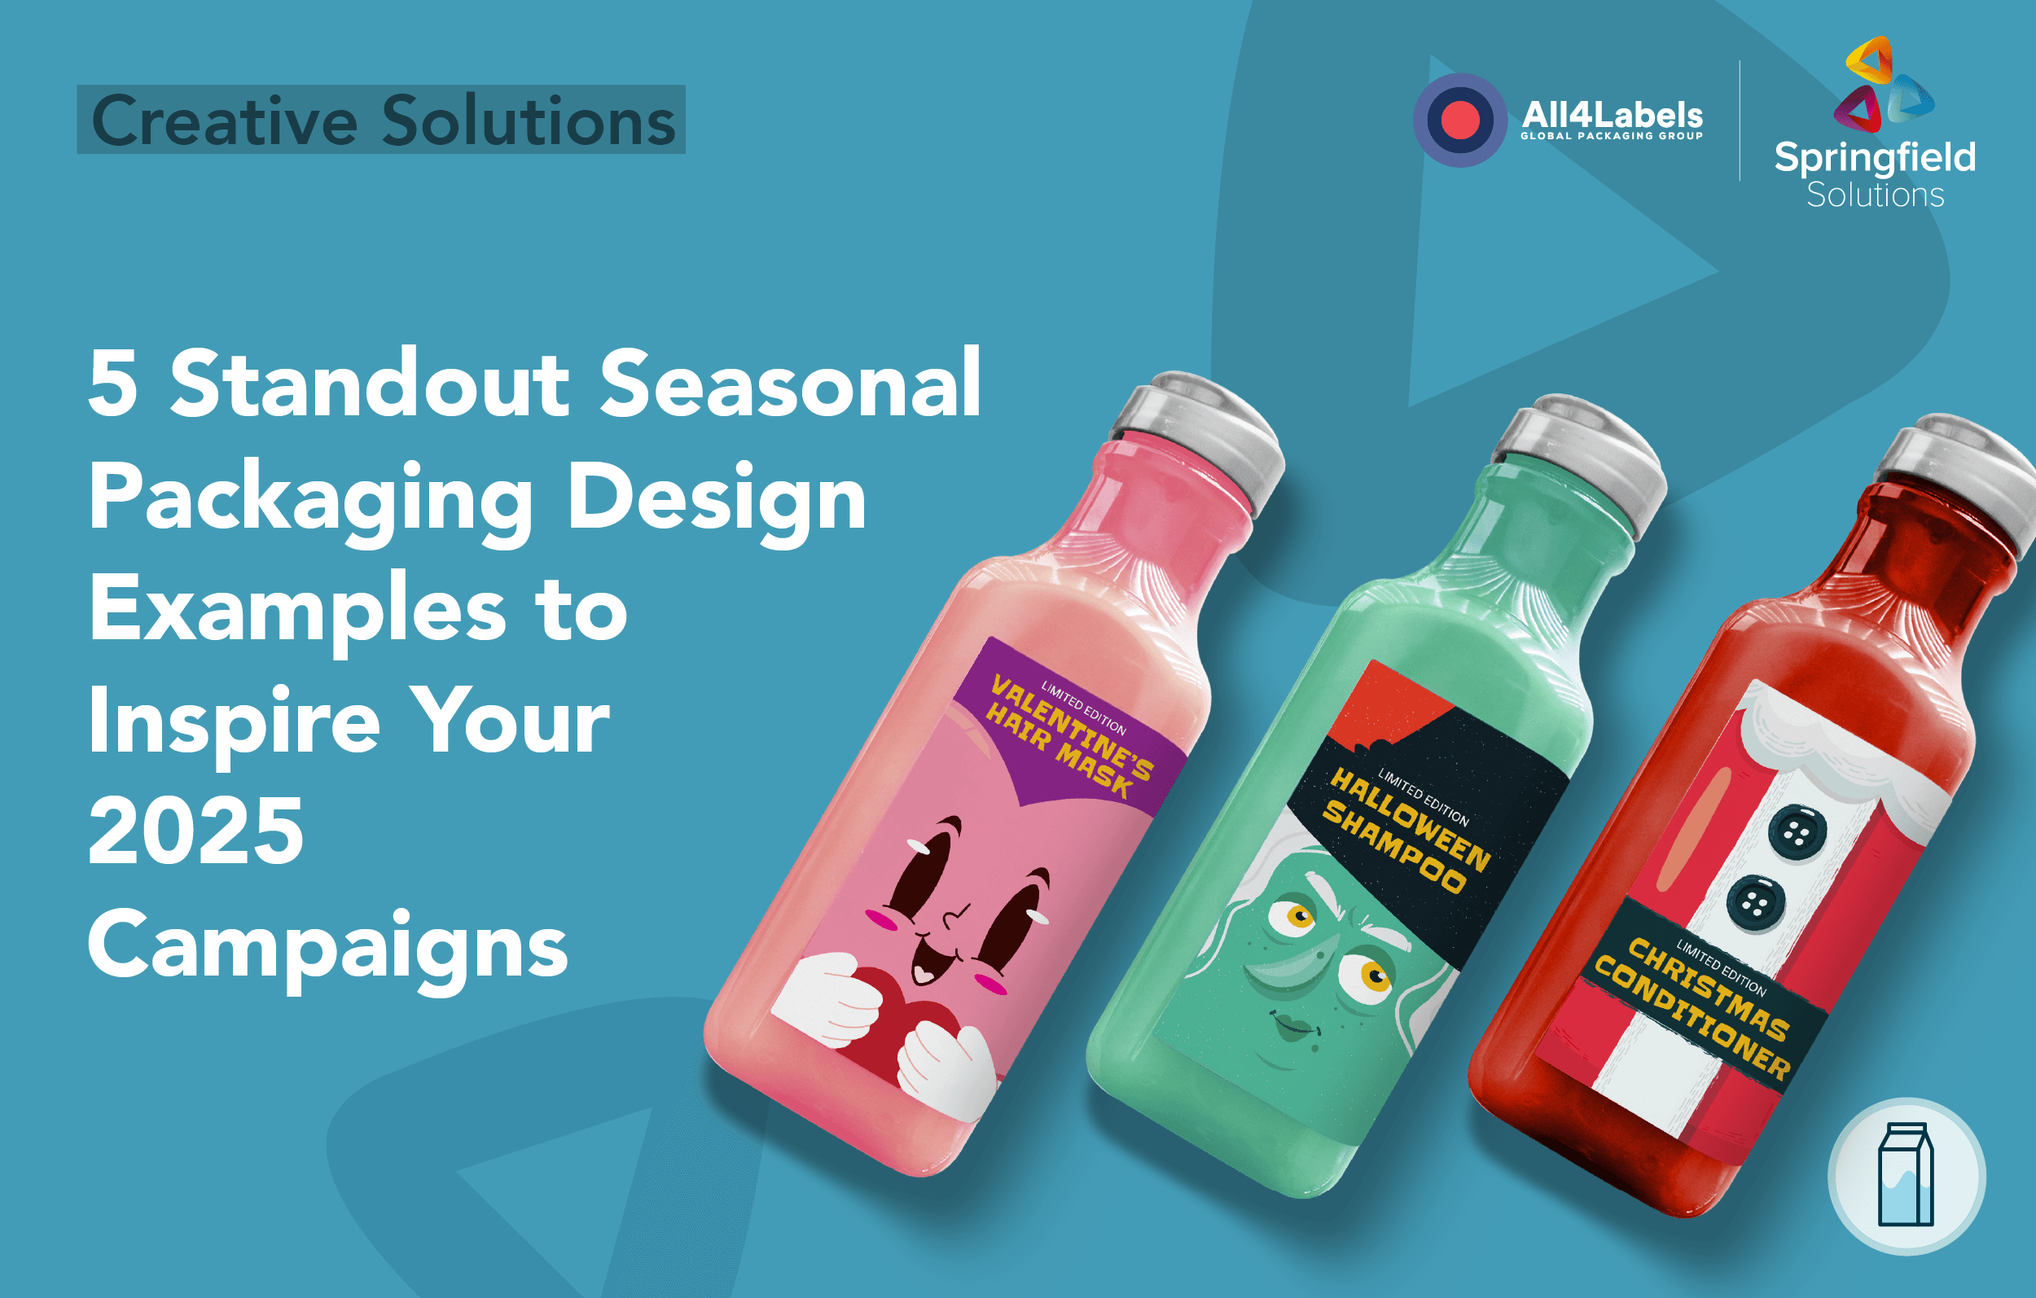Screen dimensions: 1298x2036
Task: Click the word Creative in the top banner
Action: (x=224, y=121)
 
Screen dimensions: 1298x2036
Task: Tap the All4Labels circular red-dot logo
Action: (x=1459, y=120)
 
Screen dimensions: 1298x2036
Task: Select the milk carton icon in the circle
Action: (x=1906, y=1174)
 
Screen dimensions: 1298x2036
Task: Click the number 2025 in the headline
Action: (x=195, y=832)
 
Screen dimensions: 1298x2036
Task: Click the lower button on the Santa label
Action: (x=1755, y=903)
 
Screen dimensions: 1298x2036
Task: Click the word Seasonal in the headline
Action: (x=790, y=384)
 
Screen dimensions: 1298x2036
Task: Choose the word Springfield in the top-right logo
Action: (x=1875, y=157)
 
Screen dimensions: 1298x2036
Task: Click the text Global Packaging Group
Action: (x=1612, y=136)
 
